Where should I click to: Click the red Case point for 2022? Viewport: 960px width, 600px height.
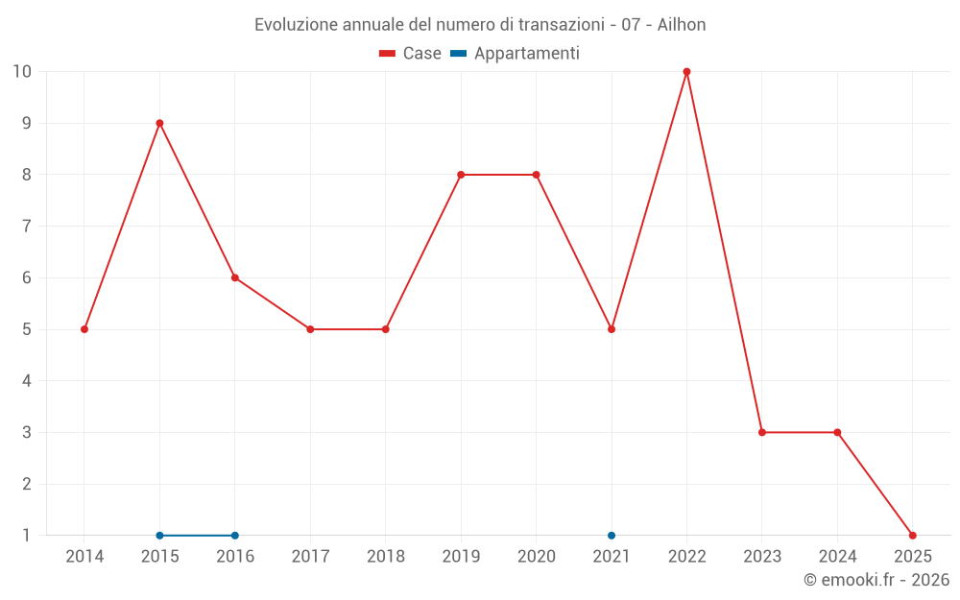(686, 72)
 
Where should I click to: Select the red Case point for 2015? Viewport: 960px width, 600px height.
(159, 123)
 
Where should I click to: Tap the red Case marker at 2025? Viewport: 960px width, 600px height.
(912, 535)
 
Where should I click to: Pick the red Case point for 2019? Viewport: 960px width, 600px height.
(461, 175)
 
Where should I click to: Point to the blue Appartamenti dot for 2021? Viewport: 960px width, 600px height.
(612, 535)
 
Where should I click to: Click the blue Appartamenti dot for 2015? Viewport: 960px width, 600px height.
(159, 535)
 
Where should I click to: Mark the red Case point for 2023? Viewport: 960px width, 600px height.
(762, 432)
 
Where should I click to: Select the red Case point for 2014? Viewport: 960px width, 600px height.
(84, 329)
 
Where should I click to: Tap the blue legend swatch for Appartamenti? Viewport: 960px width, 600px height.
(458, 54)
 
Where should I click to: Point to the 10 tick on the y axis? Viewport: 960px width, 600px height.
(21, 72)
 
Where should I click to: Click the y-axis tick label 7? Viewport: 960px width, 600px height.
(26, 227)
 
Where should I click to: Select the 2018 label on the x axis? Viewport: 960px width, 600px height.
(385, 557)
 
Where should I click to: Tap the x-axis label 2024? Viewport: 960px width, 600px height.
(837, 557)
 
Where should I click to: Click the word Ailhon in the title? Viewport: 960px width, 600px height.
(682, 25)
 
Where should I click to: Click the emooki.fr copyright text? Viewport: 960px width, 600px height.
(876, 580)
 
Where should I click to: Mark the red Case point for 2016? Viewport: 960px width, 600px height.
(235, 277)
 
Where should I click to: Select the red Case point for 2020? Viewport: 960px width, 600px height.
(536, 175)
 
